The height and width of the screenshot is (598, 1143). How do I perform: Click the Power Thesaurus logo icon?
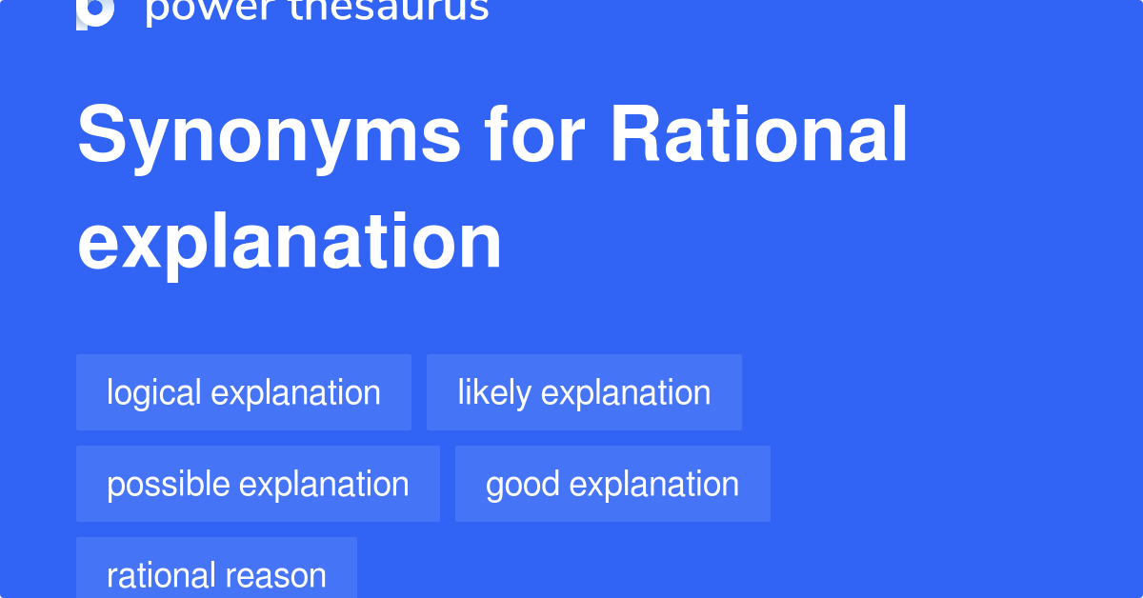(95, 11)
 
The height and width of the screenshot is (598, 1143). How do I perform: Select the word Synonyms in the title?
(270, 137)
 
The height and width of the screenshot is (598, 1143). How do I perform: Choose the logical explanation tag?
(244, 392)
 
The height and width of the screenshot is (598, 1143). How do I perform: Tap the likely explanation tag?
(584, 392)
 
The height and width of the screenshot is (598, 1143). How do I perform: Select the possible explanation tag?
(258, 484)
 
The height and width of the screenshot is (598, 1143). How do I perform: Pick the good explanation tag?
(612, 484)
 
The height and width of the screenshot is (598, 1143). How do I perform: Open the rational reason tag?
(216, 574)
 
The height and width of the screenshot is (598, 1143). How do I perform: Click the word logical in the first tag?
(154, 392)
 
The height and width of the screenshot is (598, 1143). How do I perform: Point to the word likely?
(494, 392)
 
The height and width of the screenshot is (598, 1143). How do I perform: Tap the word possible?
(169, 484)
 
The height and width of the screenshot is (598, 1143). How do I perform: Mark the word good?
(523, 484)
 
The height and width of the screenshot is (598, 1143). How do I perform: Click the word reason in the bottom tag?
(283, 575)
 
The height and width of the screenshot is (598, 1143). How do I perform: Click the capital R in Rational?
(633, 135)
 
